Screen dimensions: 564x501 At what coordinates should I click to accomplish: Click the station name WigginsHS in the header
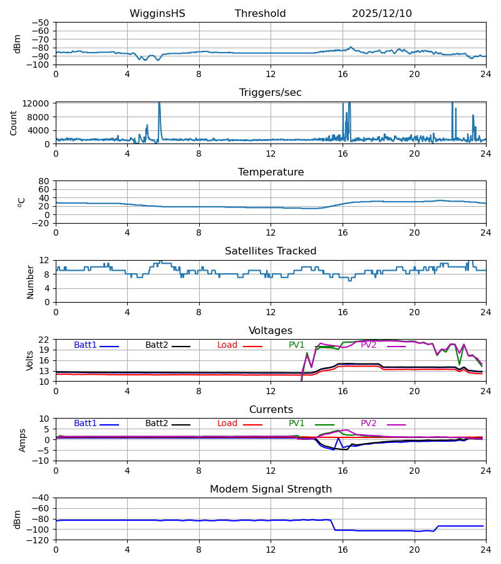tap(157, 14)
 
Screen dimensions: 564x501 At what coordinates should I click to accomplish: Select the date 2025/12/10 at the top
tap(382, 14)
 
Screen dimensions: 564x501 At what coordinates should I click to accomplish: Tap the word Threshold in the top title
tap(261, 14)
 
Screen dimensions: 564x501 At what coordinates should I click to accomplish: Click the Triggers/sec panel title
tap(271, 93)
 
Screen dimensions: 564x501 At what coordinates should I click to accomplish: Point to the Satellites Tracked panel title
tap(271, 251)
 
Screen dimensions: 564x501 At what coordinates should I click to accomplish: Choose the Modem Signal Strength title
tap(271, 489)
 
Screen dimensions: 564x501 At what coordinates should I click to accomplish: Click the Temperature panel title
tap(271, 172)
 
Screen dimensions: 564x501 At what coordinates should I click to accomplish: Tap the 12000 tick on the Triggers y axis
tap(39, 103)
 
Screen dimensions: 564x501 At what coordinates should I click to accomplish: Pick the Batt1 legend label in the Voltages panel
tap(85, 345)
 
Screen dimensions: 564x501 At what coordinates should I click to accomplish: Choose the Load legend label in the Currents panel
tap(227, 424)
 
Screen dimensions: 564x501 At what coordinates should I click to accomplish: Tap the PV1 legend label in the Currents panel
tap(297, 424)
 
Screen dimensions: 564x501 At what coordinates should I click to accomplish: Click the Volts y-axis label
tap(30, 360)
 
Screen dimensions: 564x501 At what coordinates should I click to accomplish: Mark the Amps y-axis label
tap(23, 440)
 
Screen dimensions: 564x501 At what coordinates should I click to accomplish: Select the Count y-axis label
tap(14, 123)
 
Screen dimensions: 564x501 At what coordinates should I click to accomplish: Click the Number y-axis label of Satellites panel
tap(30, 281)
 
